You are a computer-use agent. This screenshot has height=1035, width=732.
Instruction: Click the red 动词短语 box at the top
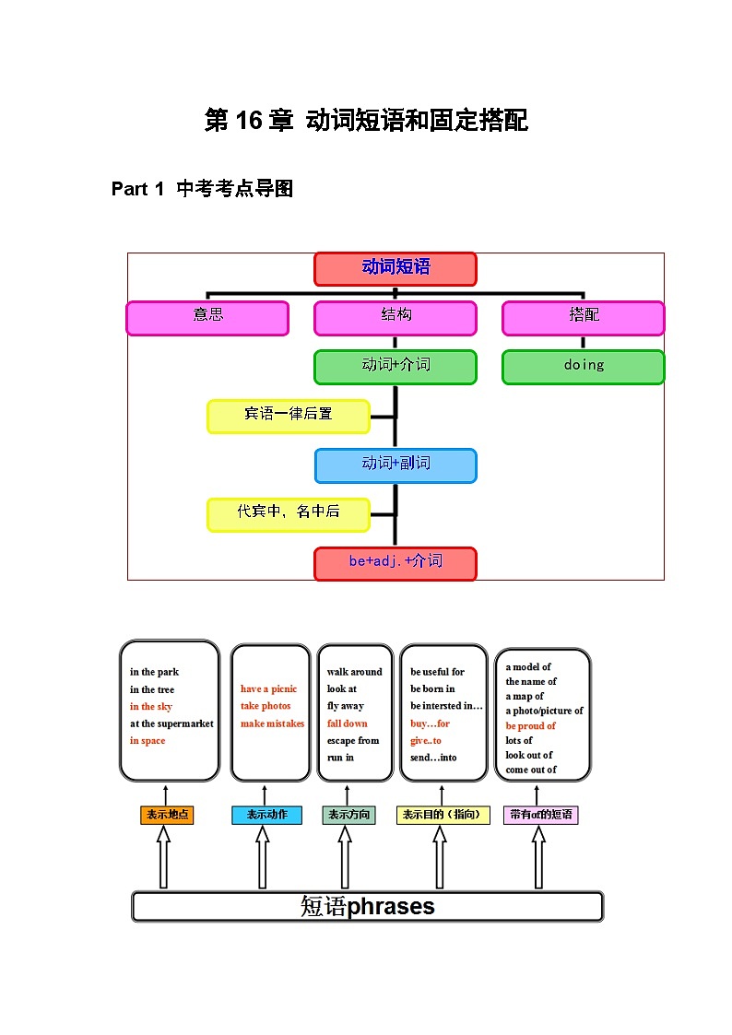[396, 268]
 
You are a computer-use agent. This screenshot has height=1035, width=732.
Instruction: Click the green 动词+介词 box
[396, 366]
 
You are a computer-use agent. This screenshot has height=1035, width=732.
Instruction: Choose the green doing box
[583, 366]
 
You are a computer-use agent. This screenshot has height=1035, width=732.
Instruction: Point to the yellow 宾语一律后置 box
[289, 416]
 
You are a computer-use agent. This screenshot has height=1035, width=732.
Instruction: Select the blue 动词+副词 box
[396, 465]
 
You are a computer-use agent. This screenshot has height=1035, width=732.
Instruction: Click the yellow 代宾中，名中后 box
[289, 513]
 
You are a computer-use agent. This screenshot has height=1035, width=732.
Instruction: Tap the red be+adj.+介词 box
[396, 562]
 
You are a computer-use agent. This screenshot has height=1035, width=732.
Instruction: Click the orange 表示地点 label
[167, 815]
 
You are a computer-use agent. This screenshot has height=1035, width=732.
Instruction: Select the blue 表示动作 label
[266, 815]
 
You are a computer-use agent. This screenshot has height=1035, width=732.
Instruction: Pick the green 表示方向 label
[348, 815]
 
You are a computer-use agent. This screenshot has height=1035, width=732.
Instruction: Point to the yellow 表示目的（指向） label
[443, 815]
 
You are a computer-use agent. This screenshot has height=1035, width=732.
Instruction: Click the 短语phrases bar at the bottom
[367, 906]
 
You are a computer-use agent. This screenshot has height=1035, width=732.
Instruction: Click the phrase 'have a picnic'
[268, 688]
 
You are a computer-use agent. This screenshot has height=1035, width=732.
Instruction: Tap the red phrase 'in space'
[148, 741]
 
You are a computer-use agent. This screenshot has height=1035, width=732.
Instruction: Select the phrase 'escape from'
[353, 740]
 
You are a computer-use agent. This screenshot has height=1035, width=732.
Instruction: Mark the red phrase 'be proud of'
[530, 725]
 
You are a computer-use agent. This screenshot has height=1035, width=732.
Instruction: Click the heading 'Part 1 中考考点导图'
[202, 189]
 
